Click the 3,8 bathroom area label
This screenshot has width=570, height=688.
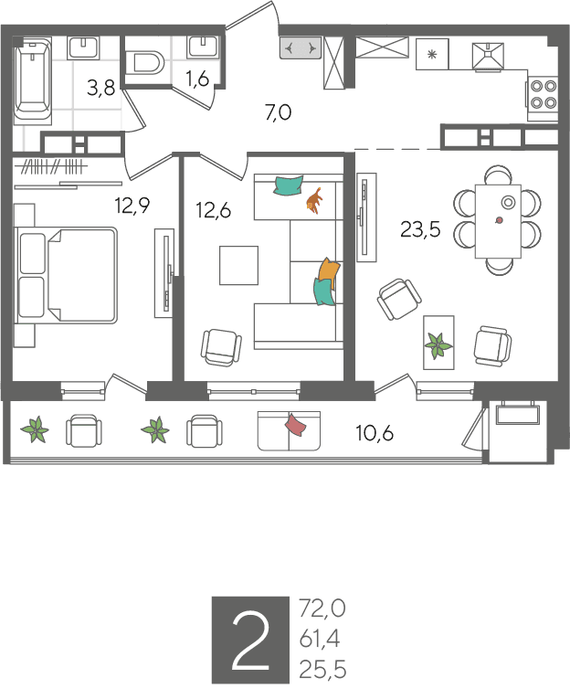click(x=100, y=88)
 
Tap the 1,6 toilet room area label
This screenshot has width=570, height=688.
click(x=197, y=79)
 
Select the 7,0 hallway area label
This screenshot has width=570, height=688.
click(x=279, y=112)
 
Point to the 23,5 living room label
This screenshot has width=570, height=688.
click(x=420, y=229)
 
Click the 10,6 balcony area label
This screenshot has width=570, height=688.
click(x=375, y=433)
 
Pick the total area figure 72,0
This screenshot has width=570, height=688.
click(x=322, y=609)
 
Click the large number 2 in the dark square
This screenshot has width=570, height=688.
click(x=250, y=640)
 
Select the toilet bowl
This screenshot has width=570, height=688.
click(x=144, y=63)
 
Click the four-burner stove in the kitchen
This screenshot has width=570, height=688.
click(x=544, y=95)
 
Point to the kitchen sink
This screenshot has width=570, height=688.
click(x=488, y=56)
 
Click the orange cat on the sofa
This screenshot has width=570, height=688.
click(x=314, y=200)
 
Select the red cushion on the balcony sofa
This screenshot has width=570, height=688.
click(x=296, y=425)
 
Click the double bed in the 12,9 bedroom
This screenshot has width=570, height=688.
click(x=67, y=275)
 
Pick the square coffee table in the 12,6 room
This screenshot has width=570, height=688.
click(x=238, y=265)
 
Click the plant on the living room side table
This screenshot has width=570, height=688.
click(x=438, y=345)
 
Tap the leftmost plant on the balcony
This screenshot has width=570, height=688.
click(x=35, y=429)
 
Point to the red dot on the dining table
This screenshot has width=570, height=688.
click(x=499, y=220)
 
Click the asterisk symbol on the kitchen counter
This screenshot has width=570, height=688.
click(x=432, y=55)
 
